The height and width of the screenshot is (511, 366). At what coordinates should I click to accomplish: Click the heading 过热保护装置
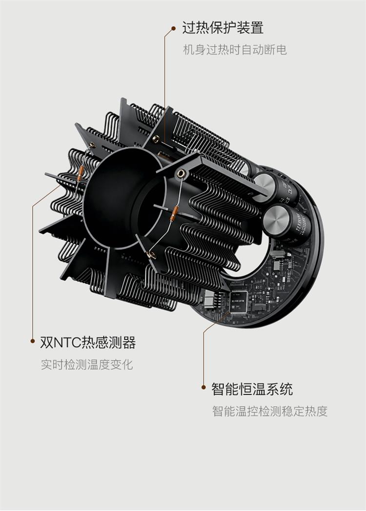click(223, 28)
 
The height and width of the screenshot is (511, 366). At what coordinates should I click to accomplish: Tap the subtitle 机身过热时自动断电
click(235, 50)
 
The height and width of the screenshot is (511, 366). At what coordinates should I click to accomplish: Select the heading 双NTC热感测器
click(88, 342)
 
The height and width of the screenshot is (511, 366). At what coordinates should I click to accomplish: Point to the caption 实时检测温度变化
click(87, 364)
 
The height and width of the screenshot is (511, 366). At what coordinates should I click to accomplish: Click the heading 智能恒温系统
click(252, 389)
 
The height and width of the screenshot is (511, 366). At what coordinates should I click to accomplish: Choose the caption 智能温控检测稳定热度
click(270, 411)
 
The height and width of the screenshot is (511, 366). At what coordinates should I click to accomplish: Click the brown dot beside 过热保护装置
click(174, 29)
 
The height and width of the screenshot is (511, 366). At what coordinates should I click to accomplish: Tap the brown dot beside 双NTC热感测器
click(33, 341)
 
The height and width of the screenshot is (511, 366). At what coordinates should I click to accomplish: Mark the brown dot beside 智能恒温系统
click(203, 387)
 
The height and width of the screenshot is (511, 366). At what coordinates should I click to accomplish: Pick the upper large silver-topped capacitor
click(274, 189)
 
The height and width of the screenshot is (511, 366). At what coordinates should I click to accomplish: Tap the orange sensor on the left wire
click(81, 173)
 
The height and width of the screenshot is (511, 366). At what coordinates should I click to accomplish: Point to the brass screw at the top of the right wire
click(180, 174)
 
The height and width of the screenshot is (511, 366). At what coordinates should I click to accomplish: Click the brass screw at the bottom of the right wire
click(150, 255)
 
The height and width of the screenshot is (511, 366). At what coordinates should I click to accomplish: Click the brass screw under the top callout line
click(156, 138)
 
